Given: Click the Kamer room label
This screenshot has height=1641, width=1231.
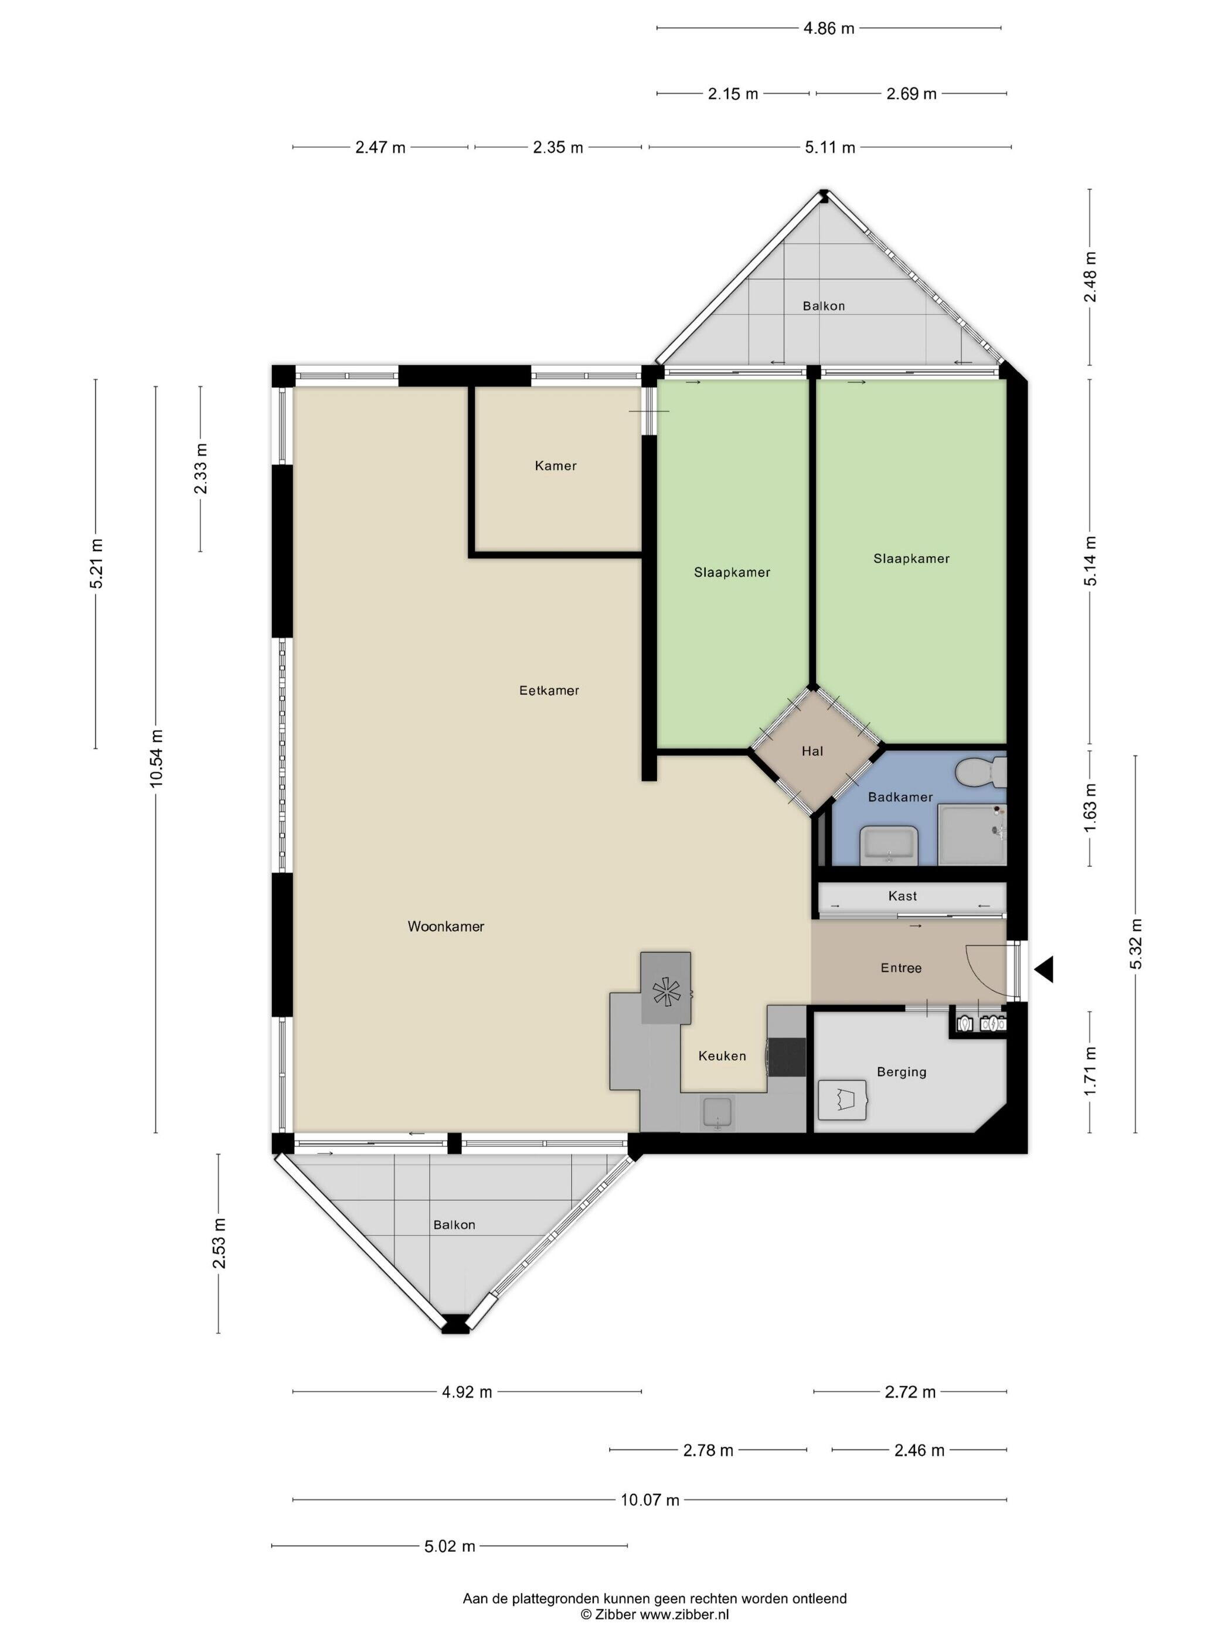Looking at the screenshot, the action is (x=555, y=466).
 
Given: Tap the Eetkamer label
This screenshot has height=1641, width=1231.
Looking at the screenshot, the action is (x=549, y=690).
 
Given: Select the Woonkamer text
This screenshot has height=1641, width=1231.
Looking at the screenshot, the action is (x=446, y=927).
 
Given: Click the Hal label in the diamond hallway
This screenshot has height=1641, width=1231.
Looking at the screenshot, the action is (x=812, y=751).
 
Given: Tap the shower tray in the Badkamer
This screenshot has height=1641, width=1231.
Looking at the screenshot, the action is (x=972, y=835).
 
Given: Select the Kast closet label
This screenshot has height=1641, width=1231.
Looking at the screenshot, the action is (x=902, y=896).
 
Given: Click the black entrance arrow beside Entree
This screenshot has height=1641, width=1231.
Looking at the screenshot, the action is (x=1045, y=969).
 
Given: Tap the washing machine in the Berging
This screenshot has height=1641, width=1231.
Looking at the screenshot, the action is (x=842, y=1100).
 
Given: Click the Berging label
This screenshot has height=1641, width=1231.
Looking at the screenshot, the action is (x=902, y=1072).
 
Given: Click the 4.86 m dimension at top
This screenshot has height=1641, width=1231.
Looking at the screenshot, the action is (x=829, y=29).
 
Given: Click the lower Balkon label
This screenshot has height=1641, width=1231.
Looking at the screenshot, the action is (x=454, y=1225).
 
